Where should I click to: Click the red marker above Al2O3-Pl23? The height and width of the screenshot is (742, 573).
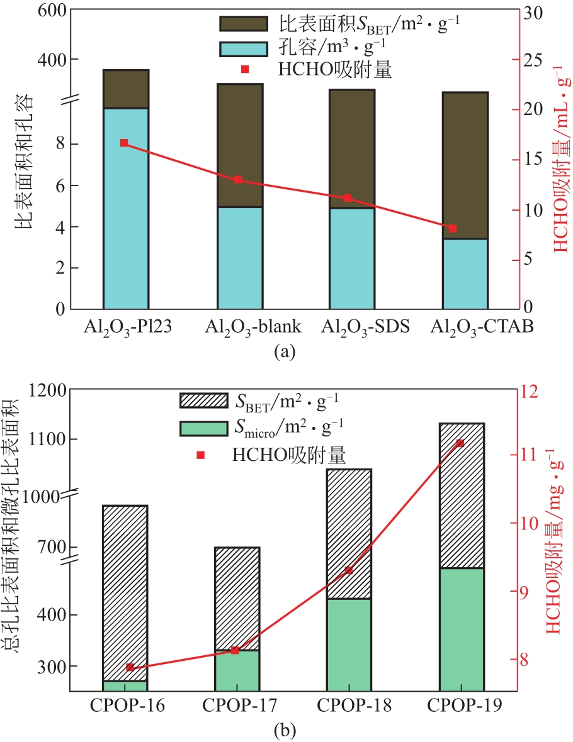[x=124, y=143]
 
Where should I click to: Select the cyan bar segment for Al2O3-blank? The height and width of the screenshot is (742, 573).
[x=240, y=258]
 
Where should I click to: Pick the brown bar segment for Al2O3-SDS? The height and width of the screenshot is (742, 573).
[x=352, y=148]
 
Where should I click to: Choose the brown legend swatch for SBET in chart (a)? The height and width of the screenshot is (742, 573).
[x=243, y=23]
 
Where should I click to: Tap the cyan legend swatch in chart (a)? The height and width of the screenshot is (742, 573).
[x=243, y=48]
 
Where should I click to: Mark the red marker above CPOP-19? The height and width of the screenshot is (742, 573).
[x=460, y=443]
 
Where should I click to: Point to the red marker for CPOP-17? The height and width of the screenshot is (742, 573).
[x=235, y=650]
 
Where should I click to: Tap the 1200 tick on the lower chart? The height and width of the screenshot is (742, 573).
[x=44, y=390]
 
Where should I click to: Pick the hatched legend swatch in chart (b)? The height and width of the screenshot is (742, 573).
[x=203, y=400]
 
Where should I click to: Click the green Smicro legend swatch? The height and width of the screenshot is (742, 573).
[x=203, y=428]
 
